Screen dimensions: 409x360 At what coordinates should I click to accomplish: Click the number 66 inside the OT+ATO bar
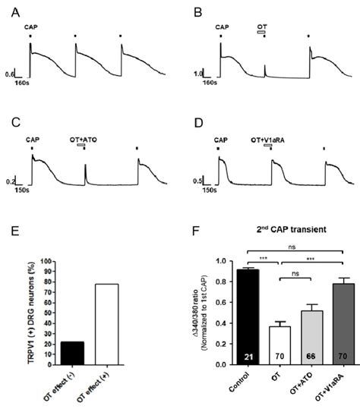(296, 357)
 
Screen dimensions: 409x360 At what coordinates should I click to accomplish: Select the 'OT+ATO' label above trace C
(93, 139)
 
